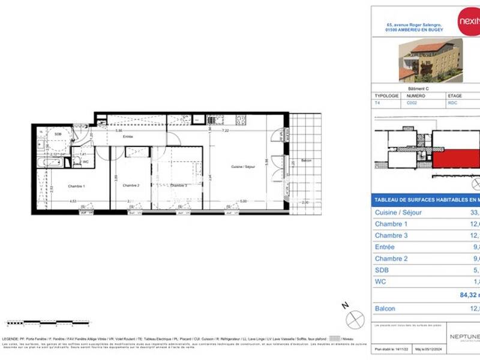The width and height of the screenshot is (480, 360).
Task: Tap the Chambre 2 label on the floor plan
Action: click(131, 185)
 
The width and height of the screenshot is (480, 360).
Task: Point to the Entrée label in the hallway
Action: click(128, 137)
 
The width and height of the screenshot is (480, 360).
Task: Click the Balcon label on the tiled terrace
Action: click(307, 160)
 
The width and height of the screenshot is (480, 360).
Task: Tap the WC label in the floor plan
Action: click(86, 161)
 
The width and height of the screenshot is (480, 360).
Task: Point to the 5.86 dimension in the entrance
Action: click(119, 130)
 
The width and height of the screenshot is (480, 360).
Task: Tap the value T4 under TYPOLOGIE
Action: click(377, 103)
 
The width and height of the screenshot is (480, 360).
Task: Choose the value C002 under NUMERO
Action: click(413, 103)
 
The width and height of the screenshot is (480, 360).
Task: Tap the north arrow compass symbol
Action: click(355, 317)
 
